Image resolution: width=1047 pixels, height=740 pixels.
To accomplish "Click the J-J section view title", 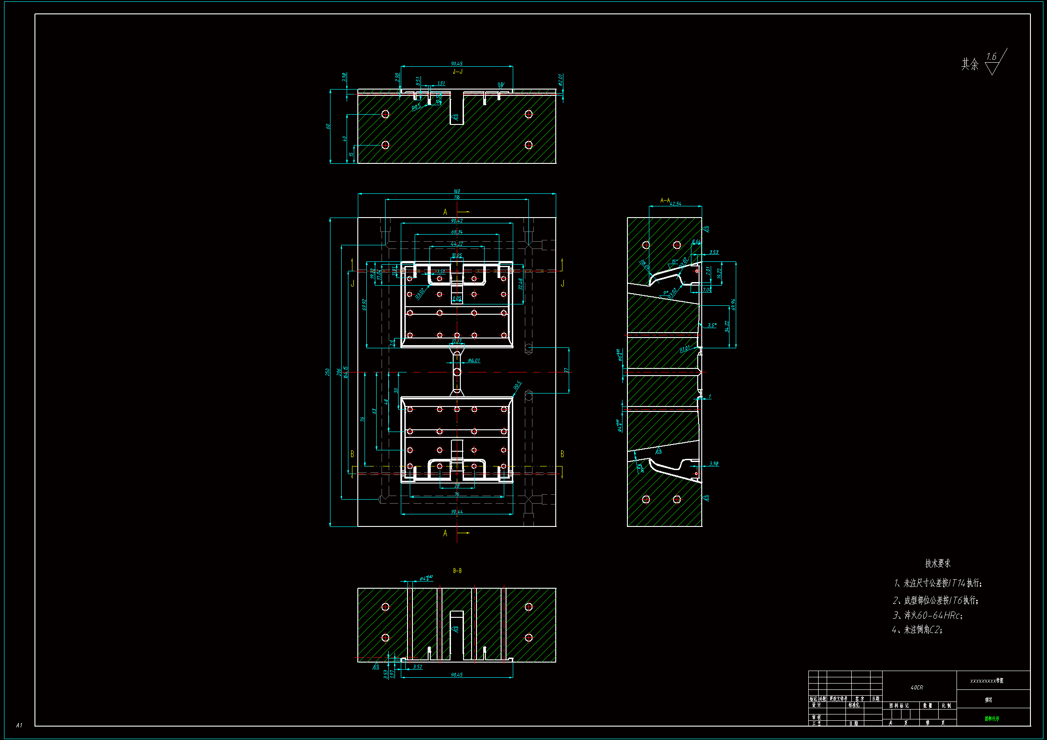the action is pos(457,72).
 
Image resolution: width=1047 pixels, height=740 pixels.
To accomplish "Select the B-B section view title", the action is pos(457,570).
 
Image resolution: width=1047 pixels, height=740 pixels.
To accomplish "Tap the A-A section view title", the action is pos(665,200).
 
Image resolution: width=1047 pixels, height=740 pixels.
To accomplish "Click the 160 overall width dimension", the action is pos(457,191).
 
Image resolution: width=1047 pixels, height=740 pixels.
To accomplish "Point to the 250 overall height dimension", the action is pos(327,372).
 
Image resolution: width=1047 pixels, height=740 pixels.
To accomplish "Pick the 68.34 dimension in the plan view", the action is pos(457,232).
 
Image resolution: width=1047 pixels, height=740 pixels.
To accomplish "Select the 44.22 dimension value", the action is pos(457,244).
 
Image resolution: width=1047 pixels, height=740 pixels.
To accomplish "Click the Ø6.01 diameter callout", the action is pos(474,360).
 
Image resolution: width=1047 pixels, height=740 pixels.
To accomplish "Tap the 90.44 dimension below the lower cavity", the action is pos(457,512).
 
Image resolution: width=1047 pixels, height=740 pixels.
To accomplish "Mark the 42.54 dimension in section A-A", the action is pos(675,204).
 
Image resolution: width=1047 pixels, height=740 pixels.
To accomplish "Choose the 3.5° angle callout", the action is pos(712,325).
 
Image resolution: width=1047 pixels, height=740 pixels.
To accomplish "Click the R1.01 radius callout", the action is pos(684,349).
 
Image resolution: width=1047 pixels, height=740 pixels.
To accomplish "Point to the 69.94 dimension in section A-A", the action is pos(733,304).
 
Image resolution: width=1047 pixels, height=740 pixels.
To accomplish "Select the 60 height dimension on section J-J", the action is pos(328,126).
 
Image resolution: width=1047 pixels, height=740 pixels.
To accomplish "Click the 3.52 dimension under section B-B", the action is pos(417,667).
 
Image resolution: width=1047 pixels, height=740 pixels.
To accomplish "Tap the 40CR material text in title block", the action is pos(917,687).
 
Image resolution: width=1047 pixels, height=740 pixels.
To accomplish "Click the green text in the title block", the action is pos(992,719).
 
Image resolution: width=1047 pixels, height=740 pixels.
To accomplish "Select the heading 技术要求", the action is pos(938,563).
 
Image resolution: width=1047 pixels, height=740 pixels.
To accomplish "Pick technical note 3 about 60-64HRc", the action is pos(927,615).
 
